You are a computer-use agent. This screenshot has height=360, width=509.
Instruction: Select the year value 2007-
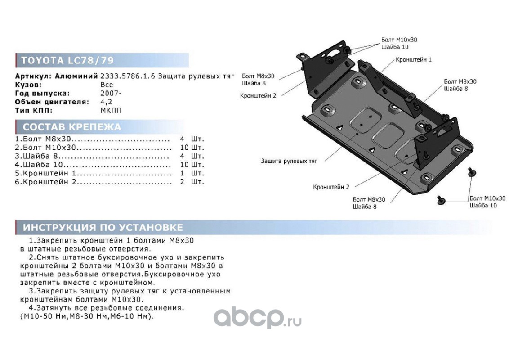pos(109,93)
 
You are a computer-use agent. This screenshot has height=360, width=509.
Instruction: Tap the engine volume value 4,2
pos(106,102)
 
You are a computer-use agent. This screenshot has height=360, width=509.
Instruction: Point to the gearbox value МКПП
pos(111,110)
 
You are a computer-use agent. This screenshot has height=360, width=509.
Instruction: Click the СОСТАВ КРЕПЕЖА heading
pos(72,127)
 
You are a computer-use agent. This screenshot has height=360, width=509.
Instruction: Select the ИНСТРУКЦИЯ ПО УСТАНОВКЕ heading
pos(103,227)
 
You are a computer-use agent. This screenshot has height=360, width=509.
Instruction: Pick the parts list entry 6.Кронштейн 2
pos(45,182)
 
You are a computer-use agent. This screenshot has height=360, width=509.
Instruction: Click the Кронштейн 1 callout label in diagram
pos(414,59)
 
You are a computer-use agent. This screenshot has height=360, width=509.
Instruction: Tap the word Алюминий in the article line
pos(76,76)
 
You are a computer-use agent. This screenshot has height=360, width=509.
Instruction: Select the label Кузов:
pos(28,85)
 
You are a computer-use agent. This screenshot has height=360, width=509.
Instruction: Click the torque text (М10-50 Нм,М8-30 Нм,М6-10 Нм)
pos(87,316)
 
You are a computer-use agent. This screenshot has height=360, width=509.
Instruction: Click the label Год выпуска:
pos(42,93)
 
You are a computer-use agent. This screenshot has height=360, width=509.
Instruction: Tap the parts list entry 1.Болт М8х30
pos(44,139)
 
